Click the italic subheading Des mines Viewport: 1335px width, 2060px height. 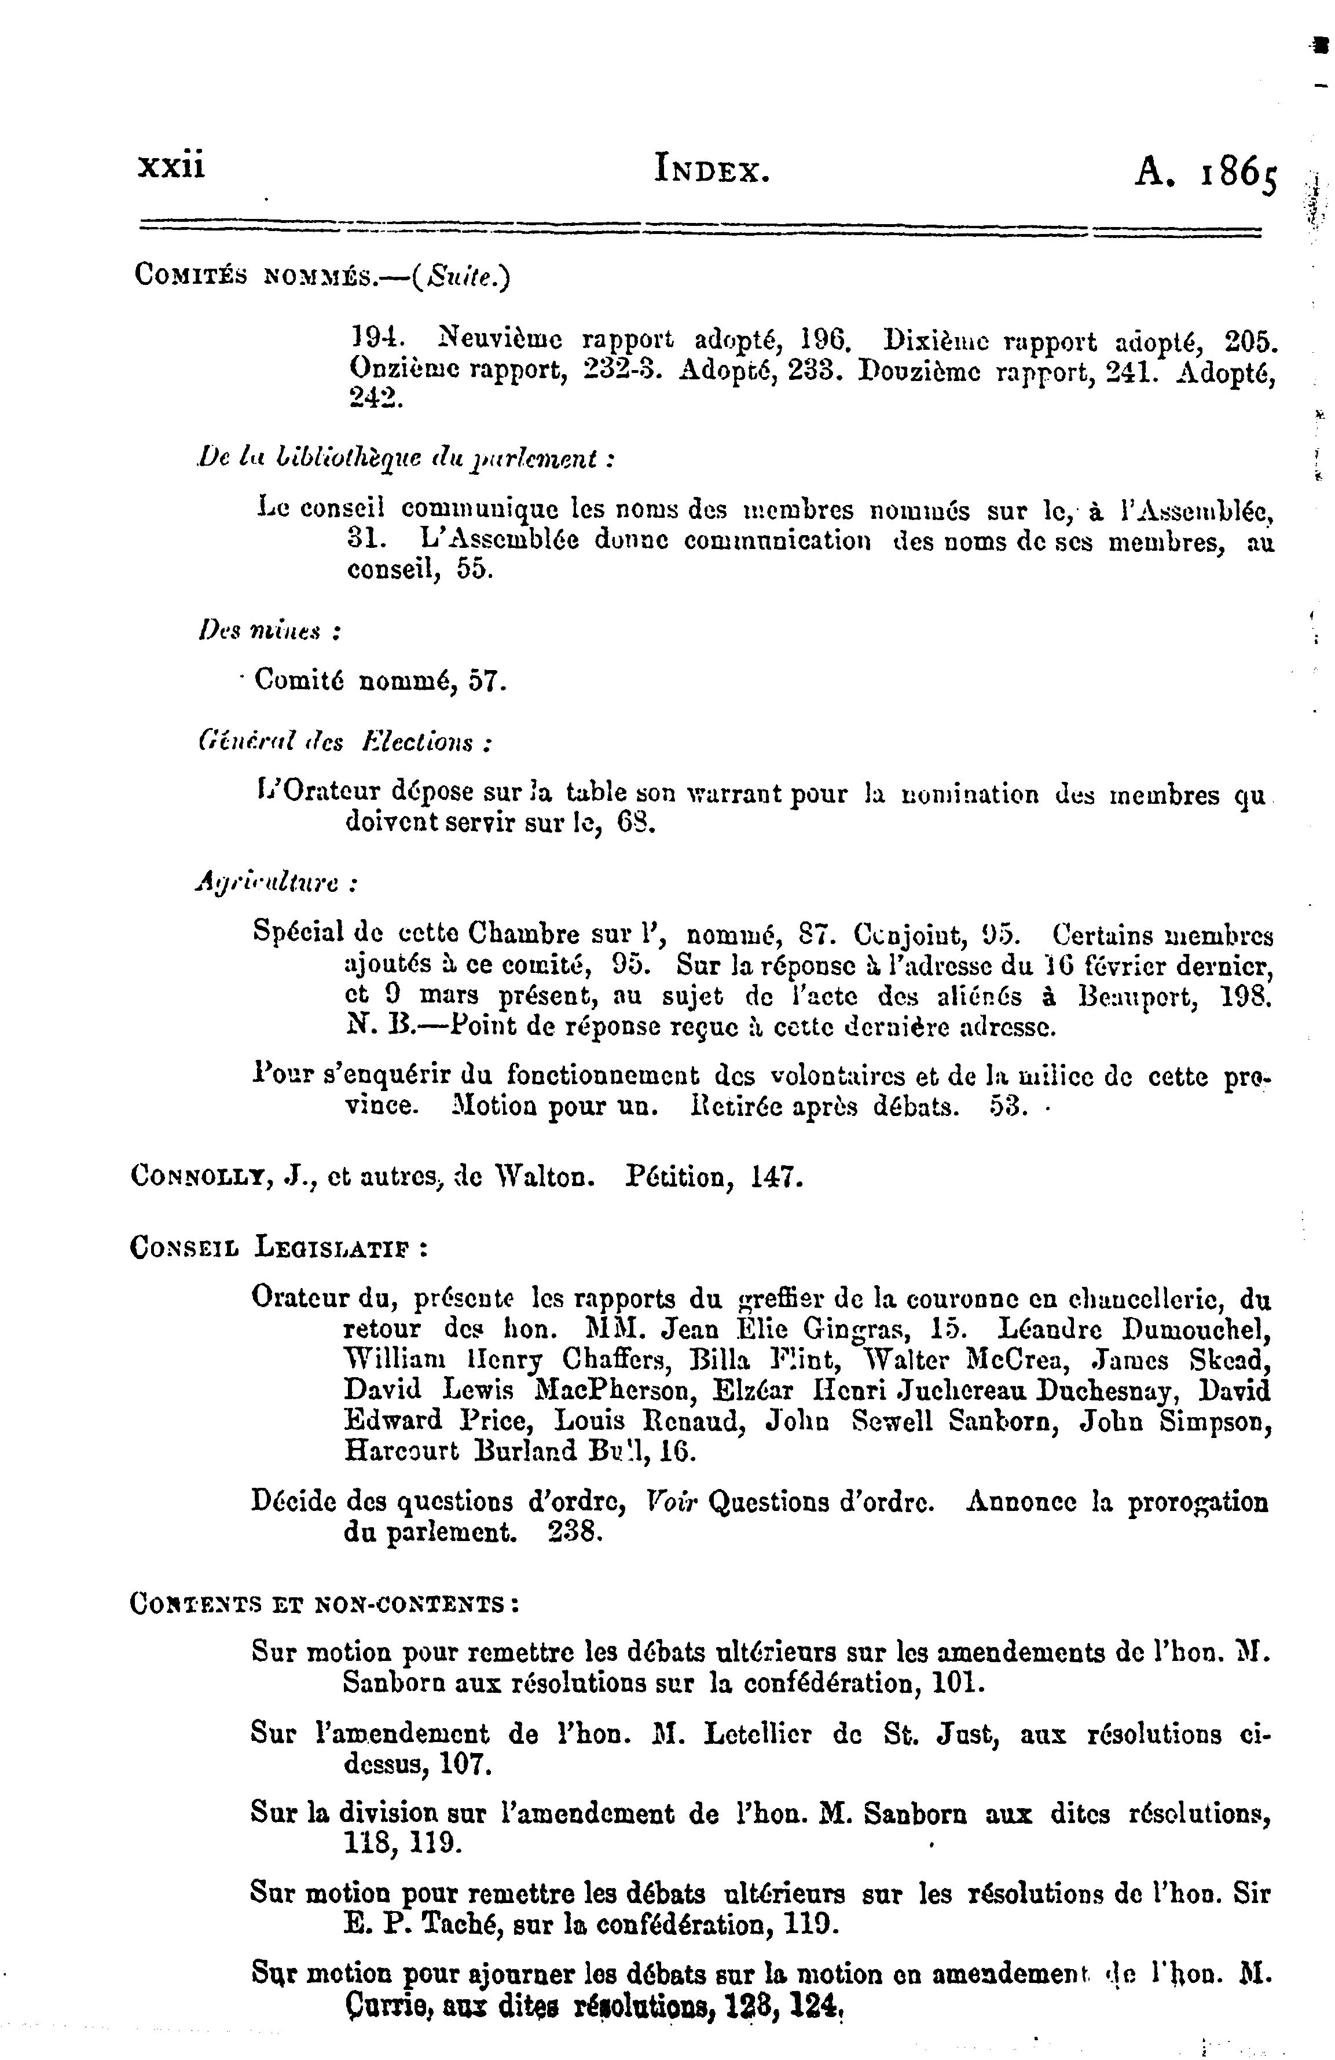[x=268, y=632]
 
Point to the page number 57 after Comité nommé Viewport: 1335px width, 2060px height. [x=486, y=682]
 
